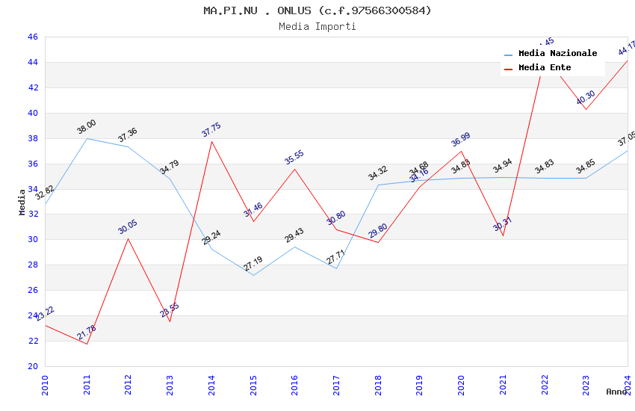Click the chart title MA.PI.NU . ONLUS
tap(317, 10)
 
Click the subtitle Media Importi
tap(317, 26)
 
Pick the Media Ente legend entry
tap(545, 68)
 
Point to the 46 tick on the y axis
tap(32, 37)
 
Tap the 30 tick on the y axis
tap(32, 240)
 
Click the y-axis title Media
tap(22, 202)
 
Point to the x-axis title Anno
tap(616, 392)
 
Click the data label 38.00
tap(87, 127)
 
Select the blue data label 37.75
tap(211, 130)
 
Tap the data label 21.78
tap(87, 333)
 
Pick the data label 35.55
tap(294, 158)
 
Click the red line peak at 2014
tap(211, 141)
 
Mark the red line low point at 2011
tap(87, 344)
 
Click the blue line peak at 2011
tap(87, 138)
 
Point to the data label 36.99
tap(461, 140)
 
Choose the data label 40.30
tap(586, 98)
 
